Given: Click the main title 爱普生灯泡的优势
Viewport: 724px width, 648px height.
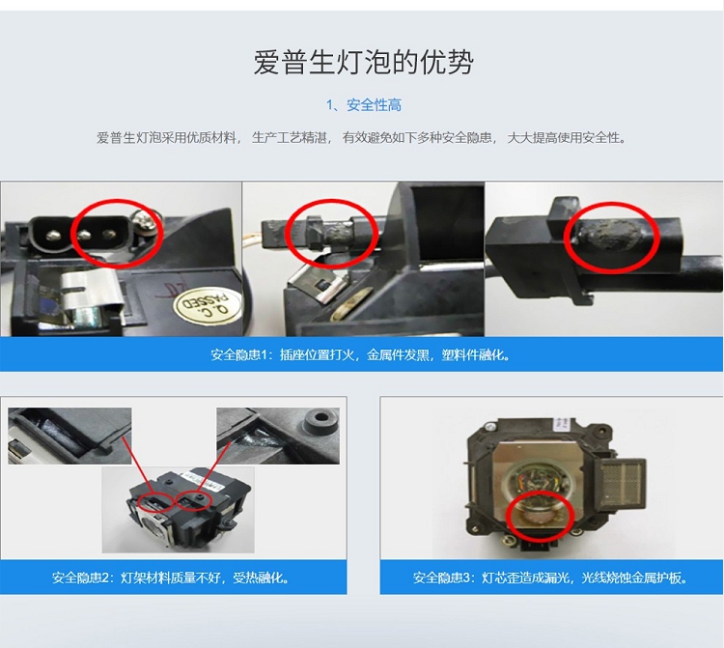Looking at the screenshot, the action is pyautogui.click(x=363, y=62).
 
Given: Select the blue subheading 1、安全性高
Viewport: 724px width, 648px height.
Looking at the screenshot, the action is pyautogui.click(x=364, y=105).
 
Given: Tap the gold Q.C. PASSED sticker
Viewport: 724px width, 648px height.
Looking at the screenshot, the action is pyautogui.click(x=208, y=304).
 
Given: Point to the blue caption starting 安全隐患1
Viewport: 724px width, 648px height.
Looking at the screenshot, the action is pyautogui.click(x=361, y=354).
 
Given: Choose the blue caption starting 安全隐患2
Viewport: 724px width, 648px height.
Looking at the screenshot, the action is pyautogui.click(x=171, y=578).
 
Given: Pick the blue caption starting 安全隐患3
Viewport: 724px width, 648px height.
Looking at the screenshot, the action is pyautogui.click(x=550, y=578).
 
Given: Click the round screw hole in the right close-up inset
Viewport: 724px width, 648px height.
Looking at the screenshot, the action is pyautogui.click(x=320, y=419).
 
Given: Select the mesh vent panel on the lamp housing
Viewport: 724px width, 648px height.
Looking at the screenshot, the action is pyautogui.click(x=621, y=484).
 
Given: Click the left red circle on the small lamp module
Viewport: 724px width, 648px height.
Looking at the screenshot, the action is pyautogui.click(x=154, y=501).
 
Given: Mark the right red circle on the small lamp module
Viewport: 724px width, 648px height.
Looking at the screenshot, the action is pyautogui.click(x=193, y=500).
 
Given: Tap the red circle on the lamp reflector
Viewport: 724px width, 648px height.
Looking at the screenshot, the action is pyautogui.click(x=540, y=515).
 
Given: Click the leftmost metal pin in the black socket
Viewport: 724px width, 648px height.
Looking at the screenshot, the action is pyautogui.click(x=50, y=235).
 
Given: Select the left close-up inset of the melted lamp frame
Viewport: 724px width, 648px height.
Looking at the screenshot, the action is pyautogui.click(x=70, y=436).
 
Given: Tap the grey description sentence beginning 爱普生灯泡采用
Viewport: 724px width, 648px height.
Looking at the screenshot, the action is pyautogui.click(x=362, y=138).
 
